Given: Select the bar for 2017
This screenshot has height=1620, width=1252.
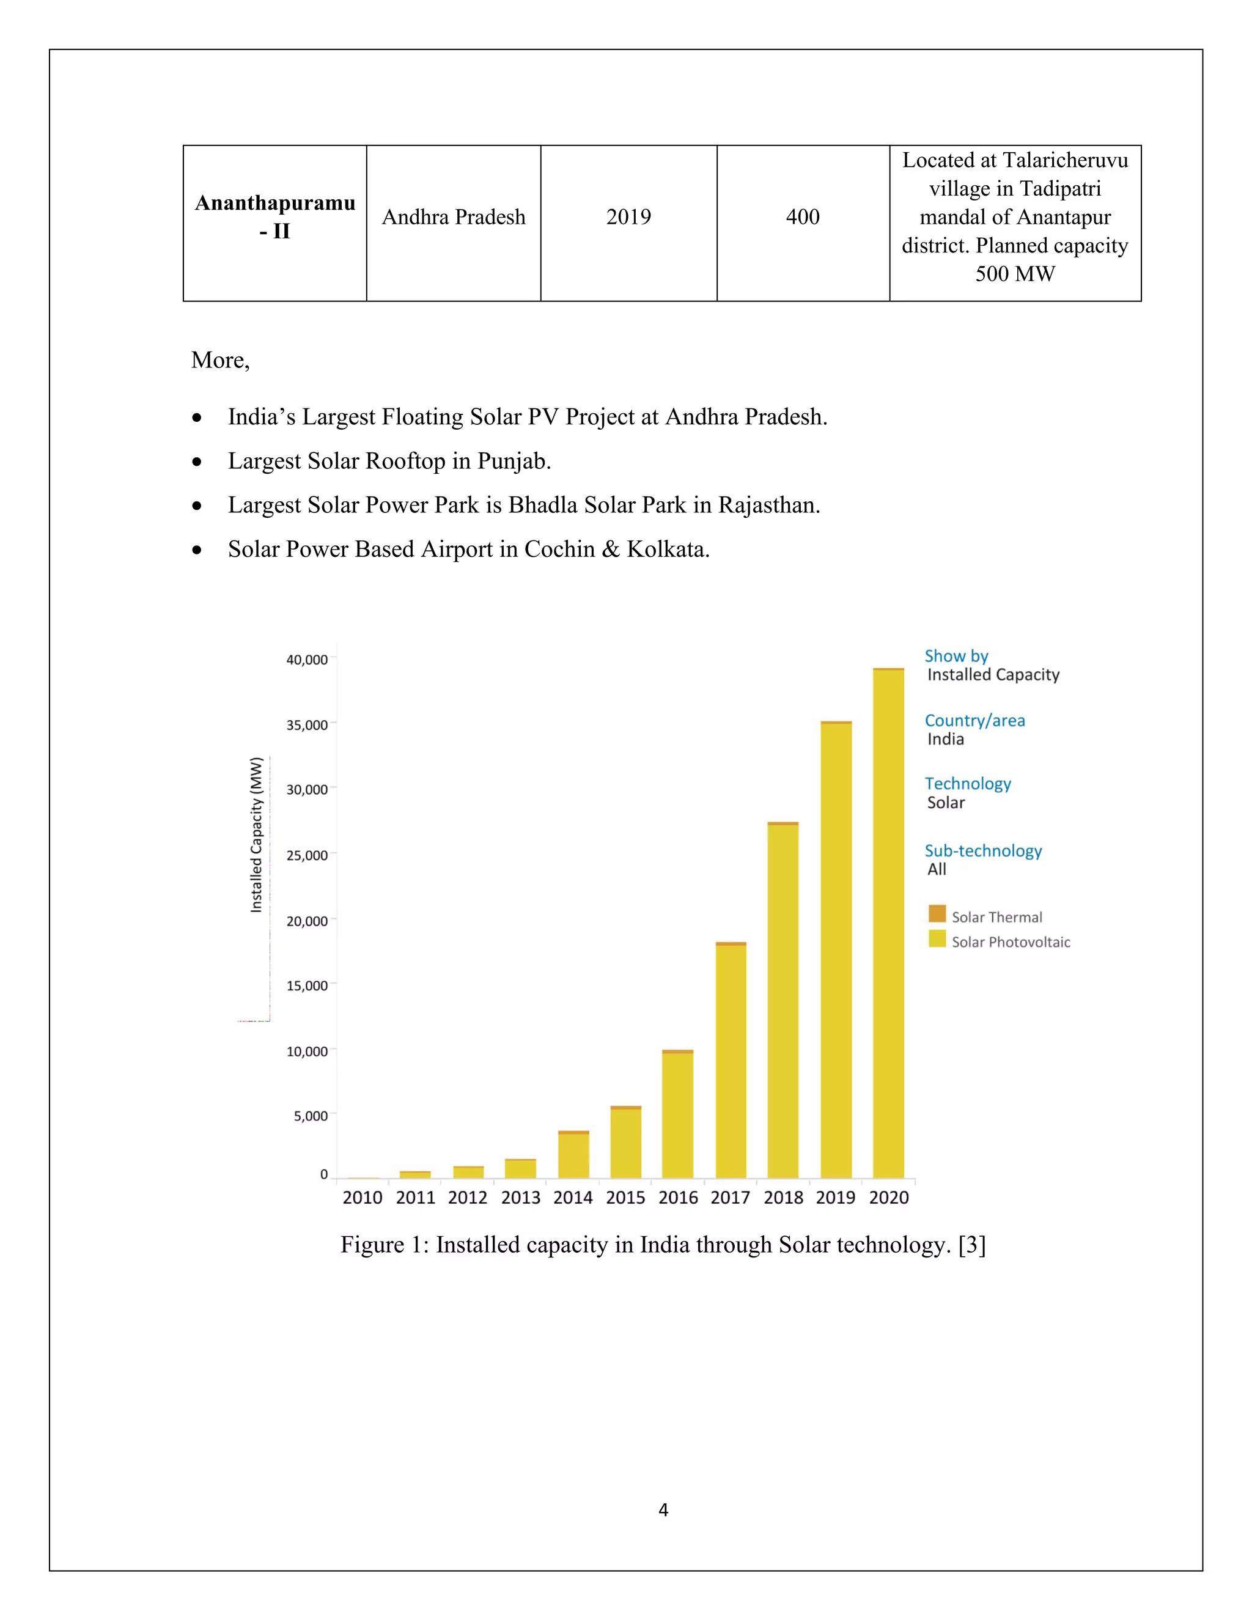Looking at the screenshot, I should [x=731, y=1060].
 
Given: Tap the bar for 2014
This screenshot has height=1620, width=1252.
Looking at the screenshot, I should [x=573, y=1155].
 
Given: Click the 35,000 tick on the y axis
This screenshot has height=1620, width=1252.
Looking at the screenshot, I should [x=307, y=724].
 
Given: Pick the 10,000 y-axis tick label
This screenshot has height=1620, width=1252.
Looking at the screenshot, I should [x=307, y=1051].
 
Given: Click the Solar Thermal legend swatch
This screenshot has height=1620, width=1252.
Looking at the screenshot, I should [x=937, y=914].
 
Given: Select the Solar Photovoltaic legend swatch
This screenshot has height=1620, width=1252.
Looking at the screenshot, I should [x=937, y=939].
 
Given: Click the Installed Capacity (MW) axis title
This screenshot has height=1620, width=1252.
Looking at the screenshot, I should [x=257, y=834].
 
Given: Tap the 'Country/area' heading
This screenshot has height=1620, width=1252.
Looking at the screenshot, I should [x=974, y=720].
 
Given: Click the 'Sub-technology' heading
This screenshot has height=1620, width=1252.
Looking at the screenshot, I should [x=983, y=851].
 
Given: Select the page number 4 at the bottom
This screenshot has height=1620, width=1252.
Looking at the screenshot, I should [x=663, y=1509].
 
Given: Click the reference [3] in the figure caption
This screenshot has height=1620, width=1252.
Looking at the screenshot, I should [x=971, y=1245].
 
